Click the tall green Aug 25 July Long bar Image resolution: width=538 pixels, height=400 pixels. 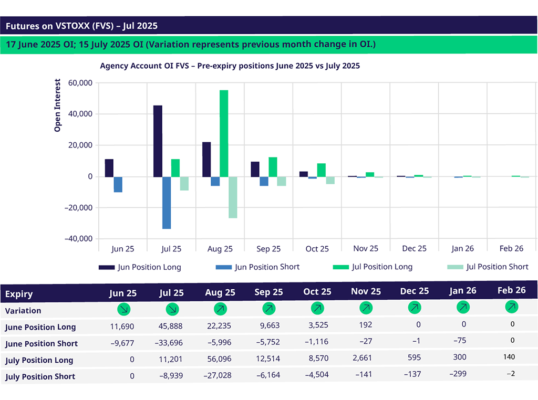tap(224, 133)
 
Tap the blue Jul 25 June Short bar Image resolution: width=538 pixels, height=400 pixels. tap(167, 203)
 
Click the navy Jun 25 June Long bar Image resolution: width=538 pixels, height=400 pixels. tap(109, 168)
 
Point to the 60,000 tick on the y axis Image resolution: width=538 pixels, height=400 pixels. tap(78, 83)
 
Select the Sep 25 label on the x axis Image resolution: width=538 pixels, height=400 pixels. tap(268, 249)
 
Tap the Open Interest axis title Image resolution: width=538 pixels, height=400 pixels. tap(58, 105)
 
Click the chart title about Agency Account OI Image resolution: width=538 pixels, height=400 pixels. tap(230, 66)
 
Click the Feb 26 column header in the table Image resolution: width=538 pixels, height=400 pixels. tap(512, 290)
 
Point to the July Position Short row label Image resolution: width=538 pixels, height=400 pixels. tap(40, 376)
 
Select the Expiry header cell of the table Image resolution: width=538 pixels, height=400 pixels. tap(19, 294)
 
